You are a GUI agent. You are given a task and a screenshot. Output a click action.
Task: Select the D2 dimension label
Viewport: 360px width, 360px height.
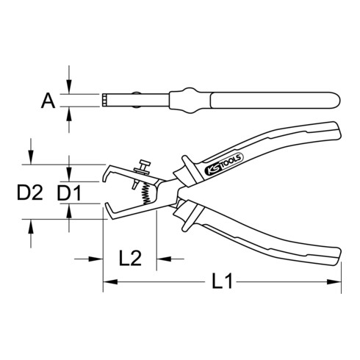(28, 194)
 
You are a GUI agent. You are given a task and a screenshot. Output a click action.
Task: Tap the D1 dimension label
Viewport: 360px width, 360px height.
(71, 194)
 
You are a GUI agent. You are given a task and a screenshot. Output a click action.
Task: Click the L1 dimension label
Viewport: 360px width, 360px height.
(222, 281)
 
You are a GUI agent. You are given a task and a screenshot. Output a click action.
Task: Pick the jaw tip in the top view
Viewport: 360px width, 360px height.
(105, 100)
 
